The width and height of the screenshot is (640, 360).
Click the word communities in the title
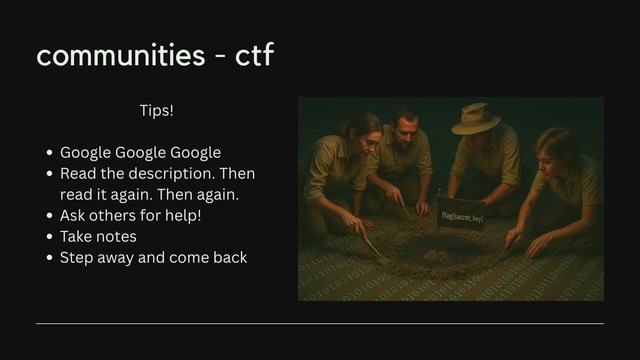(121, 55)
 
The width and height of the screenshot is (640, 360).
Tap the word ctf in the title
(254, 55)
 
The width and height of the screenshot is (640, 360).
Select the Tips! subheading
(156, 110)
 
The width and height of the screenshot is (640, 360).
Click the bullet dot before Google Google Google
(49, 152)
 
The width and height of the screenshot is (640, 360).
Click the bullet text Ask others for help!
(130, 215)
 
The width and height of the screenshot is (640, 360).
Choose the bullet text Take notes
(98, 236)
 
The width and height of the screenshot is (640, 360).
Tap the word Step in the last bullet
(75, 257)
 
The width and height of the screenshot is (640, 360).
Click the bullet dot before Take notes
(49, 236)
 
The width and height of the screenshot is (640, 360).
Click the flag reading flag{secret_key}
(462, 215)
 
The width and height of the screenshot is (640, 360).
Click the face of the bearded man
(403, 130)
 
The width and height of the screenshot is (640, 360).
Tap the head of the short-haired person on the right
(552, 145)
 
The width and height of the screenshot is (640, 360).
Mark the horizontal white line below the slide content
(320, 323)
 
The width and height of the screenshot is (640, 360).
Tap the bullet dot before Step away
(49, 257)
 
